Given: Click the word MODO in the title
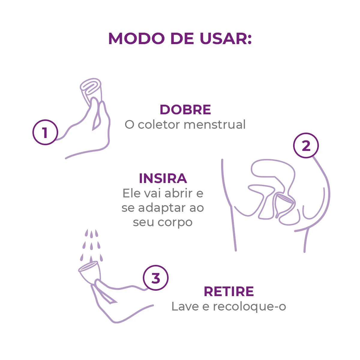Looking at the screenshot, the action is coord(136,39).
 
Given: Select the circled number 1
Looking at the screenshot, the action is coord(45,132).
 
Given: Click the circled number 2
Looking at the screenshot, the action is coord(306,145).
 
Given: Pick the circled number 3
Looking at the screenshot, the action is coord(156,278).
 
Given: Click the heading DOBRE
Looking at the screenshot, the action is coord(185,109).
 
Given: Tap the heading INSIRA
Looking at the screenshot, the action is coord(163,178).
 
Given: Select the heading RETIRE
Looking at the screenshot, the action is coord(229,291).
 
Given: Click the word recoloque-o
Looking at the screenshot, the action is coord(249,307).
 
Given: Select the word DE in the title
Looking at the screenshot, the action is coord(182,39).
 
